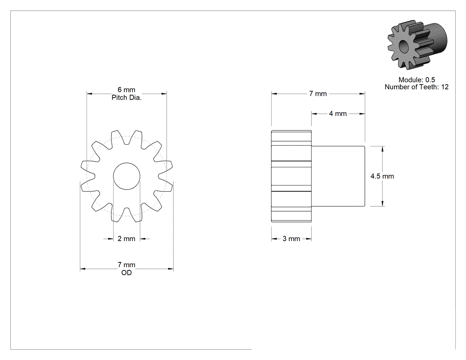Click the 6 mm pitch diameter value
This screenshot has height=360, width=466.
(126, 90)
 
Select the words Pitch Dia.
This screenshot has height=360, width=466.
(126, 98)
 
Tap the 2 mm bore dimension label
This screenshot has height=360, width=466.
(126, 239)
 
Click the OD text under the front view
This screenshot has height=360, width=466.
(126, 273)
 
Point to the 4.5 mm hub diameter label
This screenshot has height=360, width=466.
(382, 176)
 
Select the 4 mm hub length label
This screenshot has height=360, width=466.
(338, 114)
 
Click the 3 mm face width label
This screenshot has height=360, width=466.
(291, 239)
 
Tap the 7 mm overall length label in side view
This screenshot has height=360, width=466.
(318, 94)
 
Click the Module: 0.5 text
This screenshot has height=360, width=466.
(417, 79)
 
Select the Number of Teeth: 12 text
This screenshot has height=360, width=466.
(417, 87)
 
